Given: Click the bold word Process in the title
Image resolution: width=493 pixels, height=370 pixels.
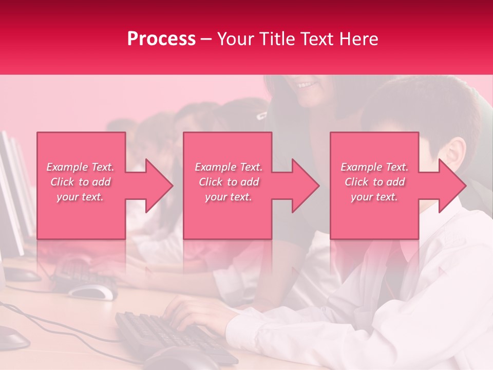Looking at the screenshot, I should click(161, 39).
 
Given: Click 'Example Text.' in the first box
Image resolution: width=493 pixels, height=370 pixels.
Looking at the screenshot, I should click(80, 167).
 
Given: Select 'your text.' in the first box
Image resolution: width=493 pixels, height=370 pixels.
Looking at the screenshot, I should click(80, 197).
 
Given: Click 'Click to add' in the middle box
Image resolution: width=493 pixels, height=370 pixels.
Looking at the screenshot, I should click(229, 182).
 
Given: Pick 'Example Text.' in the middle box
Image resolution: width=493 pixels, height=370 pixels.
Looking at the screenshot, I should click(229, 167).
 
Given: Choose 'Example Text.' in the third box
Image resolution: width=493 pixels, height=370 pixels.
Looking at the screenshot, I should click(374, 167).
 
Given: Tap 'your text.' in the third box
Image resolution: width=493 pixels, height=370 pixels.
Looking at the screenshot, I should click(374, 197).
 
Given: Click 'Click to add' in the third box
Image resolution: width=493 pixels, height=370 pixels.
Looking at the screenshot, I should click(374, 182).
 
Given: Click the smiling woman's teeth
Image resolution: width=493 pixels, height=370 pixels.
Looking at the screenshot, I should click(306, 84).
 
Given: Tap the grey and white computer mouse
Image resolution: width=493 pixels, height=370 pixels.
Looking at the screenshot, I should click(92, 292).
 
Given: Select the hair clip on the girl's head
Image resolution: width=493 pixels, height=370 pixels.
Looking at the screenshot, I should click(261, 115).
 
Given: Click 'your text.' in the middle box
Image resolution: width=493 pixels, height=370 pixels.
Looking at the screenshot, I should click(229, 197).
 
